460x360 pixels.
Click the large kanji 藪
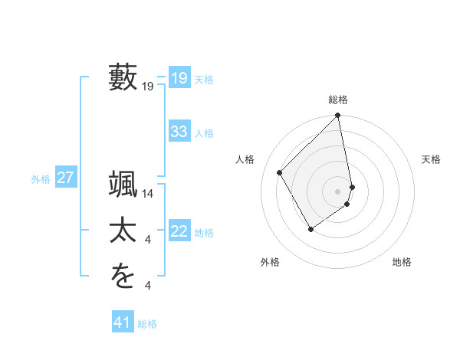tap(123, 77)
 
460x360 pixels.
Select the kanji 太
tap(123, 231)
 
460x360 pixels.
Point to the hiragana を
tap(123, 275)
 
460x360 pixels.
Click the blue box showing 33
tap(179, 132)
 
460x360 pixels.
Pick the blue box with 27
tap(65, 178)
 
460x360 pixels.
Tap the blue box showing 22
tap(179, 231)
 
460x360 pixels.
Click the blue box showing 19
tap(179, 78)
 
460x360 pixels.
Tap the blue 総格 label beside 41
tap(147, 324)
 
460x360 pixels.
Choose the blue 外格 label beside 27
tap(41, 179)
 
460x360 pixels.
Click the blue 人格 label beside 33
tap(204, 133)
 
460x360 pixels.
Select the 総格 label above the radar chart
tap(338, 100)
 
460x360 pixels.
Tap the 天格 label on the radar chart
tap(432, 159)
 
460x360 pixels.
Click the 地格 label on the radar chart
tap(402, 262)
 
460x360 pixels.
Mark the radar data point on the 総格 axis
tap(338, 116)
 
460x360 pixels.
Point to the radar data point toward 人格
tap(280, 172)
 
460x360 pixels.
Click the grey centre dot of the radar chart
tap(338, 191)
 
